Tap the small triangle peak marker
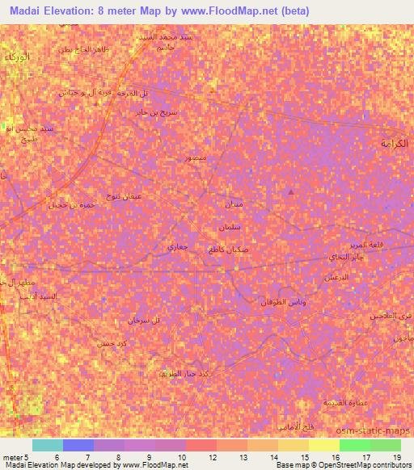[x=291, y=191]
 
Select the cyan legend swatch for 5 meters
[x=47, y=445]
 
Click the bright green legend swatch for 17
[x=354, y=445]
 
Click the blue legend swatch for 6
[x=78, y=445]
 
